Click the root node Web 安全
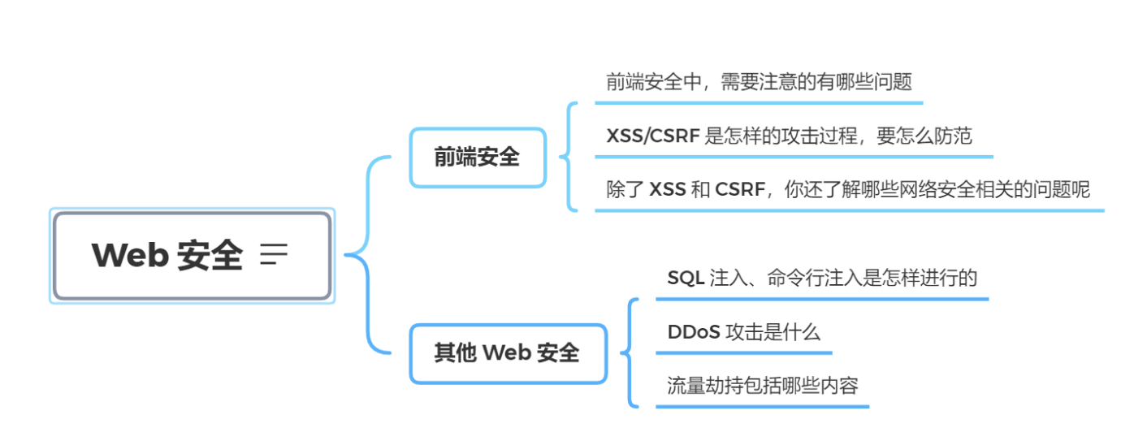192,256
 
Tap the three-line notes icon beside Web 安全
274,255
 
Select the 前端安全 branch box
477,158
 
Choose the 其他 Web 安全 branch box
508,353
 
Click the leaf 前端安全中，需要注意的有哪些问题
759,82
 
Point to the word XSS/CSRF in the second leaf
652,136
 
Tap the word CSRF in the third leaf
740,190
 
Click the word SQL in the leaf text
685,278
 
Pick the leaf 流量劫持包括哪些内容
762,385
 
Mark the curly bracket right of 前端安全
569,157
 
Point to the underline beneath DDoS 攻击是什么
743,353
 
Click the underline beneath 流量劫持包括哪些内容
762,406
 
